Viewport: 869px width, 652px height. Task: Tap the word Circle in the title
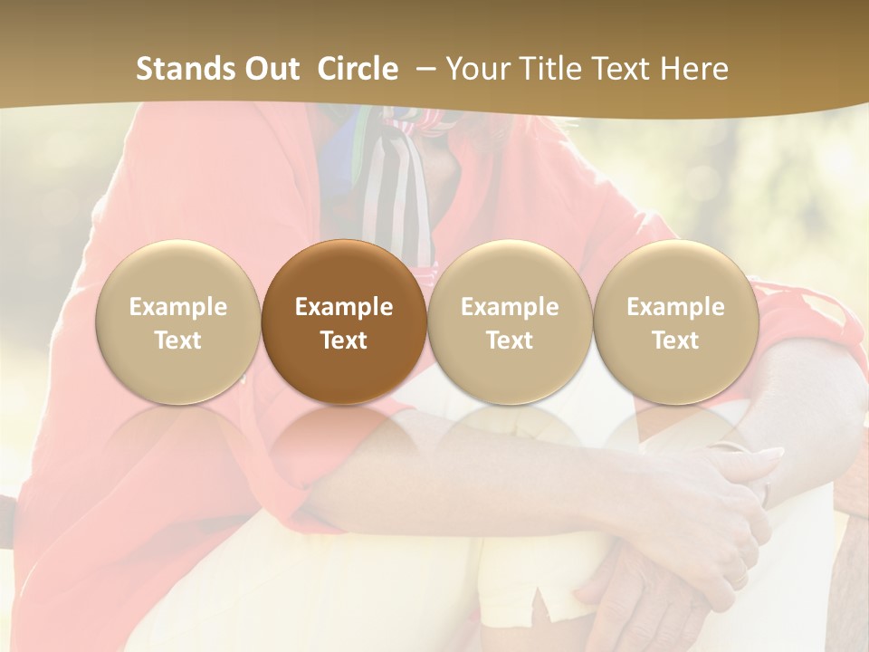(358, 69)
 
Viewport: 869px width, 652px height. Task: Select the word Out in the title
(271, 69)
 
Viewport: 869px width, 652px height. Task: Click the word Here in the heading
(694, 69)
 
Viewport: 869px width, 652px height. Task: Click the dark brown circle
(344, 322)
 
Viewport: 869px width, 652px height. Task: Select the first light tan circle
(177, 322)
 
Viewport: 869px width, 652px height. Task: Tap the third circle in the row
(510, 322)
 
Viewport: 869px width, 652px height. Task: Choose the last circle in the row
(675, 322)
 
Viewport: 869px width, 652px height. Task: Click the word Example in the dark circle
(344, 307)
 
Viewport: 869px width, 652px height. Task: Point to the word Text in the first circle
(177, 340)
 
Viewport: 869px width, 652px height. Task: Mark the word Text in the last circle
(675, 340)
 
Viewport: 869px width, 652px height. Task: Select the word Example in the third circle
(510, 307)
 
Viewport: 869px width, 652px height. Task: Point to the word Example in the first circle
(177, 307)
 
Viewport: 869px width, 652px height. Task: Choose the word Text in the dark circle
(344, 340)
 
